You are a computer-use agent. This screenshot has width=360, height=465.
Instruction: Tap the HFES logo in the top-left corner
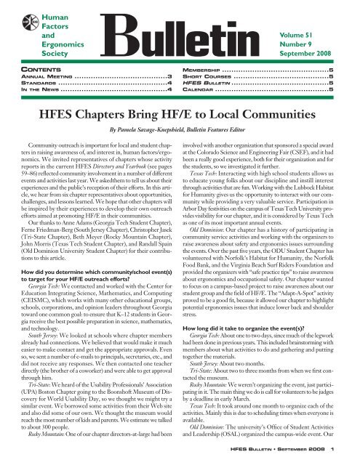pos(17,21)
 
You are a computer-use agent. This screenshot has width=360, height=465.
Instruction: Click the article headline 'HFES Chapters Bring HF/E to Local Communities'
pos(180,114)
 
